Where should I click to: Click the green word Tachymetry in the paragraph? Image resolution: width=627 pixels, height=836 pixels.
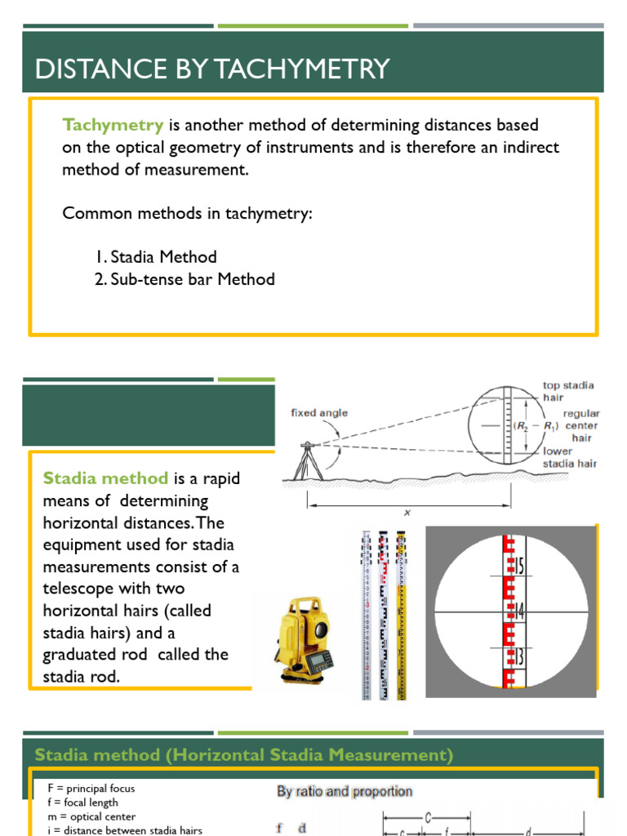click(113, 126)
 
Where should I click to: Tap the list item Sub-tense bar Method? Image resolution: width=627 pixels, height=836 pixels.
click(185, 279)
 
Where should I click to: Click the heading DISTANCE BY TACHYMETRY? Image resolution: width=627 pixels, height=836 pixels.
click(212, 69)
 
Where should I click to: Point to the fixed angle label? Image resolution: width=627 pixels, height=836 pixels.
click(319, 413)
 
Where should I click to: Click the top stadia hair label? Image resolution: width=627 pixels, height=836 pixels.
click(568, 391)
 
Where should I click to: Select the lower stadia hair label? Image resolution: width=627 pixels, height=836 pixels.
click(570, 457)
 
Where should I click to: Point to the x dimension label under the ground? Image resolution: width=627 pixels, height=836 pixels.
click(407, 513)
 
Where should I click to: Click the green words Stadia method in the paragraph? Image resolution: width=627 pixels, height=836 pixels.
click(105, 478)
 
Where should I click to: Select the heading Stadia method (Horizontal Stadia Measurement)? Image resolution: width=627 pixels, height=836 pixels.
click(243, 754)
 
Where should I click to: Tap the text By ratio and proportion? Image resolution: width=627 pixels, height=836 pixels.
click(344, 791)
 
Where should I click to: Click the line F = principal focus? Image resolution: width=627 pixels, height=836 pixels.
click(84, 789)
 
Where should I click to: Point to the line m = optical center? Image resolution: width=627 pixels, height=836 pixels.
click(84, 816)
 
